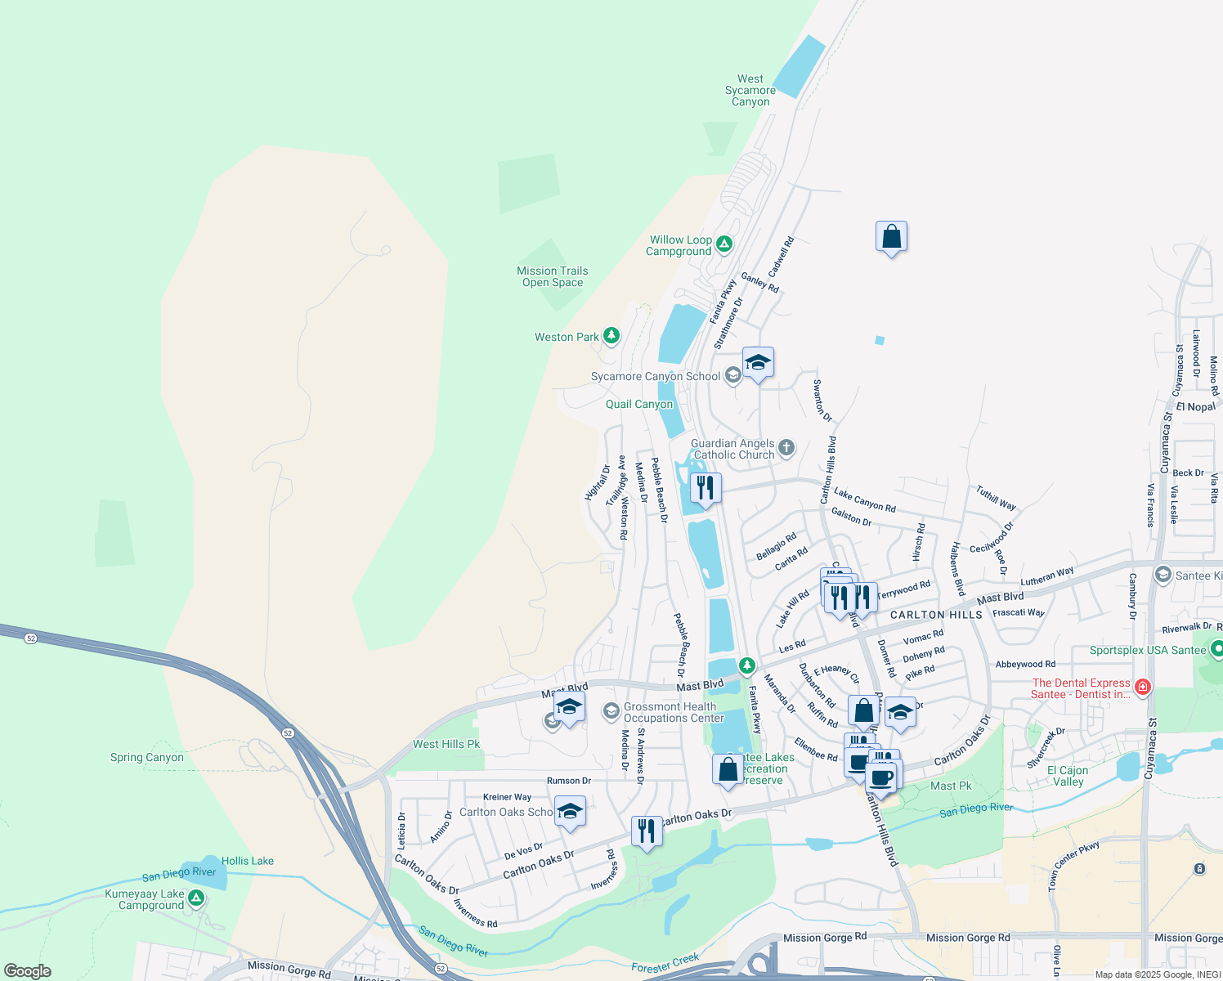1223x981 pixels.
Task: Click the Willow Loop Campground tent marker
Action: click(x=724, y=244)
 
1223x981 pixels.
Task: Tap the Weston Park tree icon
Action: click(x=611, y=336)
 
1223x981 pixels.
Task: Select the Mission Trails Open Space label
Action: click(x=552, y=276)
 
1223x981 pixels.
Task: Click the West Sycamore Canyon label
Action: click(x=750, y=91)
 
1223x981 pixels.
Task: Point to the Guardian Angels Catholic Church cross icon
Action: click(x=786, y=447)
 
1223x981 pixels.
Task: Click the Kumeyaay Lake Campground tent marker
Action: click(x=195, y=898)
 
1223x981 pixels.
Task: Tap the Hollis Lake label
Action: click(x=247, y=861)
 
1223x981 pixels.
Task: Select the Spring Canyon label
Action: click(x=147, y=757)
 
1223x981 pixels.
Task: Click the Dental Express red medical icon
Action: click(x=1143, y=687)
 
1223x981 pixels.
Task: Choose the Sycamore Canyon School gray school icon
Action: click(x=732, y=375)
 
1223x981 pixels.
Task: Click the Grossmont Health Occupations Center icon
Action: click(x=611, y=711)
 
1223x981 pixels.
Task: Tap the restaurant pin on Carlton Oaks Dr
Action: click(x=647, y=831)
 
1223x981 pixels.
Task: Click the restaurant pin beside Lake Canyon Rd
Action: click(x=705, y=488)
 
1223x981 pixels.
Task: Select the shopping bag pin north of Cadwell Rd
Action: click(x=891, y=237)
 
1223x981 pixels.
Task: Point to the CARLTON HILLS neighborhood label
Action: click(x=936, y=615)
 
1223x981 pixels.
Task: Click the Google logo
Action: click(x=28, y=971)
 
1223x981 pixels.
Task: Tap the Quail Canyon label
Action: click(x=639, y=405)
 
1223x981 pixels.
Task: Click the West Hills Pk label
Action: click(x=446, y=744)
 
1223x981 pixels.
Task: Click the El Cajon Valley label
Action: click(x=1068, y=776)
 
